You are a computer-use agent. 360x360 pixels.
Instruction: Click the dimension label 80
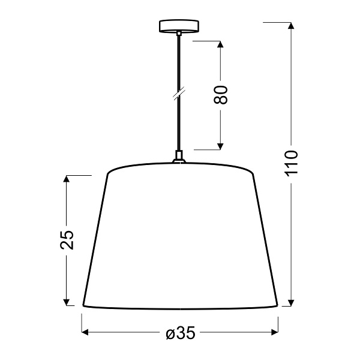click(x=221, y=94)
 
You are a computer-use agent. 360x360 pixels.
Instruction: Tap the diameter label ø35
click(x=179, y=334)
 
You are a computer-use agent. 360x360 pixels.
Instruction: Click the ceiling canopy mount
click(x=179, y=27)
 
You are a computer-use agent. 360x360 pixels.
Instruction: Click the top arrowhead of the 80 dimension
click(x=221, y=44)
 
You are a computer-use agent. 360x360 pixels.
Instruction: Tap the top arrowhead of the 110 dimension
click(x=291, y=25)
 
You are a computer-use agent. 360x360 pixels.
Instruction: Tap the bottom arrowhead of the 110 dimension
click(x=291, y=302)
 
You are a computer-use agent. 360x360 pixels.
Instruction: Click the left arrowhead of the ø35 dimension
click(x=85, y=331)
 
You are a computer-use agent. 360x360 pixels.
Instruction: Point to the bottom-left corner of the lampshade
click(x=82, y=305)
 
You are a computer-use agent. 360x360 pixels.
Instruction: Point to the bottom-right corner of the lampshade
click(x=278, y=305)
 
